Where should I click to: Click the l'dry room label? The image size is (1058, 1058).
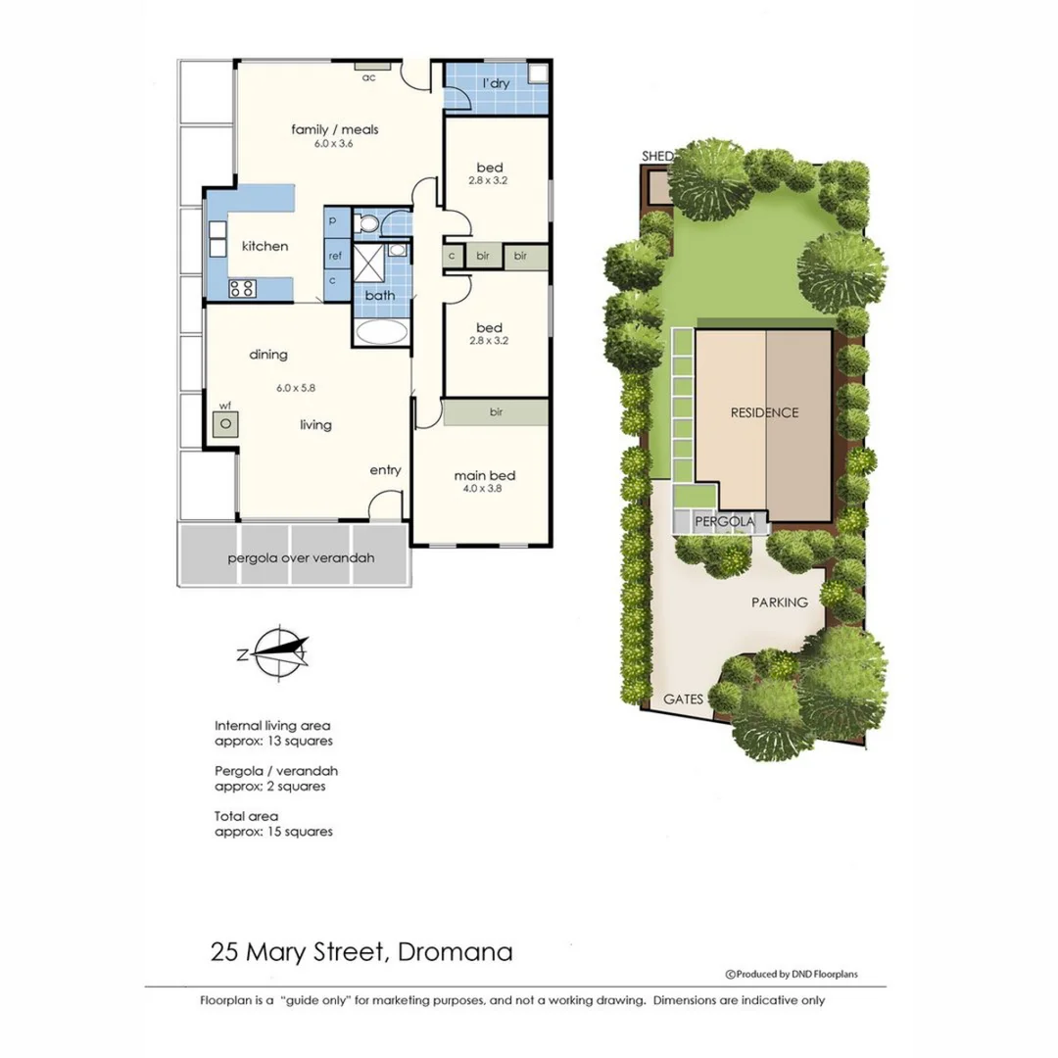(496, 84)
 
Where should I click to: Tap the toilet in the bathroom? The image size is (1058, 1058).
(367, 224)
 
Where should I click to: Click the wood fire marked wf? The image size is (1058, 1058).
(225, 424)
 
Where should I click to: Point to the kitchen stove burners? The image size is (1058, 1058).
(242, 288)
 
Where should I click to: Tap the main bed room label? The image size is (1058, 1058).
(484, 476)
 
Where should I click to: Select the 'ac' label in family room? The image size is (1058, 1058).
(368, 76)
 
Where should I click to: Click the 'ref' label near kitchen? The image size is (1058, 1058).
(335, 256)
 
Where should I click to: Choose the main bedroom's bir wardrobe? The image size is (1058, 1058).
(496, 412)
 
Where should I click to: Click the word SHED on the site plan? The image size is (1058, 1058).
(655, 157)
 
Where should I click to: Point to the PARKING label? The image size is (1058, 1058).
(780, 602)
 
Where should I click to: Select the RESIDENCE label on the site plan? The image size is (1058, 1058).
(764, 412)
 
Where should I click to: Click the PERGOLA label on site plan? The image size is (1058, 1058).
(725, 522)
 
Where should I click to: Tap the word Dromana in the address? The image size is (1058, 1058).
(455, 951)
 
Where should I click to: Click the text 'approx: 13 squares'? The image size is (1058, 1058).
(273, 741)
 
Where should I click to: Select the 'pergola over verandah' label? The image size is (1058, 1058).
(301, 559)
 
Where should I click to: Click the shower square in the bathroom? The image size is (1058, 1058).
(370, 263)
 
